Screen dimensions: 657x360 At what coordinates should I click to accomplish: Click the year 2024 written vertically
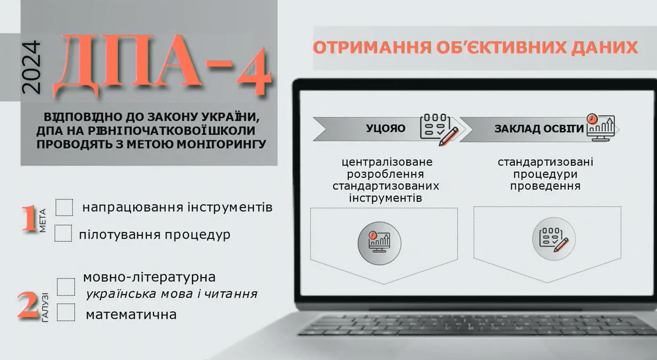pos(31,67)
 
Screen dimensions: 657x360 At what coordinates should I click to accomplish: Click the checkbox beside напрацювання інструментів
pos(64,208)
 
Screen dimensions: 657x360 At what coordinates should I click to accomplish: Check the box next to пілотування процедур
pos(63,234)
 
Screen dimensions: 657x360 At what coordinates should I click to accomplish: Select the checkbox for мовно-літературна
pos(66,287)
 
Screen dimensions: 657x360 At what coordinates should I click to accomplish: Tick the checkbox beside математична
pos(66,312)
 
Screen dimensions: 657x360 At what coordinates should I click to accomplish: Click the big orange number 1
pos(29,218)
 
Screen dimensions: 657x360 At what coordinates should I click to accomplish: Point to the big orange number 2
pos(28,305)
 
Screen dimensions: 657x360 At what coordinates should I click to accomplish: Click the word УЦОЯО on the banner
pos(386,128)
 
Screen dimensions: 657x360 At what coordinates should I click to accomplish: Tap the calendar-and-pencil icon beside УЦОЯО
pos(438,129)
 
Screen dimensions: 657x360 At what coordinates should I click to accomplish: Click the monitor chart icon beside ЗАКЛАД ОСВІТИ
pos(601,128)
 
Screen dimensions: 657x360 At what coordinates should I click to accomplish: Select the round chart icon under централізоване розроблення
pos(379,243)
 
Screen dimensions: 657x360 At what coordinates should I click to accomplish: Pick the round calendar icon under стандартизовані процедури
pos(554,239)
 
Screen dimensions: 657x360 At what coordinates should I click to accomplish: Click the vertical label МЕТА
pos(43,221)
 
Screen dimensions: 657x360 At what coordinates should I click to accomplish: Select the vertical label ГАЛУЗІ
pos(45,307)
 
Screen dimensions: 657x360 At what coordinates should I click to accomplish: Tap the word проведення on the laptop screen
pos(545,186)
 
